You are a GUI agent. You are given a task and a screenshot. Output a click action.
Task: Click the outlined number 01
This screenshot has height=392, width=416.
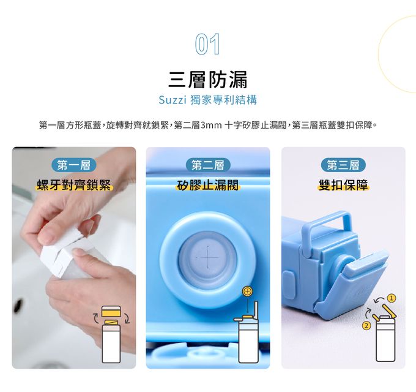pyautogui.click(x=207, y=44)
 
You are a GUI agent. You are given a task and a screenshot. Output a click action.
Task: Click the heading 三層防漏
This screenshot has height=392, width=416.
pyautogui.click(x=208, y=79)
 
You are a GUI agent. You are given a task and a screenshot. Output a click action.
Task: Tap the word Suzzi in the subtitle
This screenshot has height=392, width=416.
pyautogui.click(x=172, y=100)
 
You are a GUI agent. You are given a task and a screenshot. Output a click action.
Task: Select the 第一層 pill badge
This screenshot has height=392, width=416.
pyautogui.click(x=74, y=165)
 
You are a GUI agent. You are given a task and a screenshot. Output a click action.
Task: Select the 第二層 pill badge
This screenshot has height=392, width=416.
pyautogui.click(x=208, y=165)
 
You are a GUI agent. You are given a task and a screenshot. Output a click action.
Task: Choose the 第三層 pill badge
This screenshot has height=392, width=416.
pyautogui.click(x=343, y=165)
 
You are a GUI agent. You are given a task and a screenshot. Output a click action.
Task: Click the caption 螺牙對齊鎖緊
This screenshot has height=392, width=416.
pyautogui.click(x=74, y=185)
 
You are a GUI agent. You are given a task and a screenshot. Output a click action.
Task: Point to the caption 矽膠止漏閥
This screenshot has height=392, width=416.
pyautogui.click(x=208, y=185)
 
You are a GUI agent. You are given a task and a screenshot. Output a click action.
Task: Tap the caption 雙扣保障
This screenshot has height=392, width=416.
pyautogui.click(x=343, y=185)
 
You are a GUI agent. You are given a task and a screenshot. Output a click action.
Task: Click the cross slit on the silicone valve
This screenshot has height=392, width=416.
pyautogui.click(x=208, y=257)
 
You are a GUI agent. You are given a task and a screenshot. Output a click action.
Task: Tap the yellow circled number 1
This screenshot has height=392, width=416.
pyautogui.click(x=391, y=298)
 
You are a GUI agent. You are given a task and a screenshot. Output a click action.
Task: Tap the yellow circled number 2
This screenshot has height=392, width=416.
pyautogui.click(x=366, y=325)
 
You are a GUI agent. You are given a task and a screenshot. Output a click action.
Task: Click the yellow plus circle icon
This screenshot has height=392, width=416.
pyautogui.click(x=247, y=292)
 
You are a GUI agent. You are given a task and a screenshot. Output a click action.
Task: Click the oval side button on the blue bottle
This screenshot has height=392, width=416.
pyautogui.click(x=289, y=284)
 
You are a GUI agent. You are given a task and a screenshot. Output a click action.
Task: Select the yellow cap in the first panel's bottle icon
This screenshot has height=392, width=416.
pyautogui.click(x=111, y=311)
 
